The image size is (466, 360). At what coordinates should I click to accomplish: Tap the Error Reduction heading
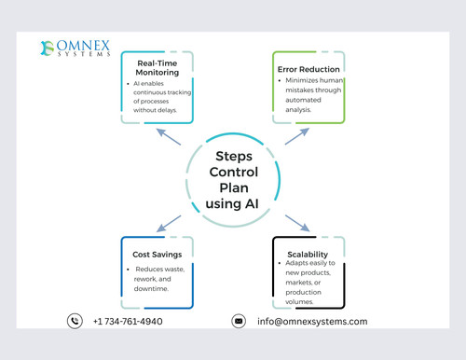308,68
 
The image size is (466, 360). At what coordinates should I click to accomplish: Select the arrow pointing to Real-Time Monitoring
169,137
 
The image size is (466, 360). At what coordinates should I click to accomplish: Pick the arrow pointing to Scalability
295,223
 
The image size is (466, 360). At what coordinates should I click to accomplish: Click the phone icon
75,321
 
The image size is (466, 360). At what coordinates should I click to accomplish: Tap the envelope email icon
239,321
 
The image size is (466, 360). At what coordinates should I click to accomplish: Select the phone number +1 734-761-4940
128,322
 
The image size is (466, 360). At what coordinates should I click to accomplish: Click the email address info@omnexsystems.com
312,322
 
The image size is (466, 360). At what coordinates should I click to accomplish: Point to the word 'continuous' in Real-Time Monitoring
150,93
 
